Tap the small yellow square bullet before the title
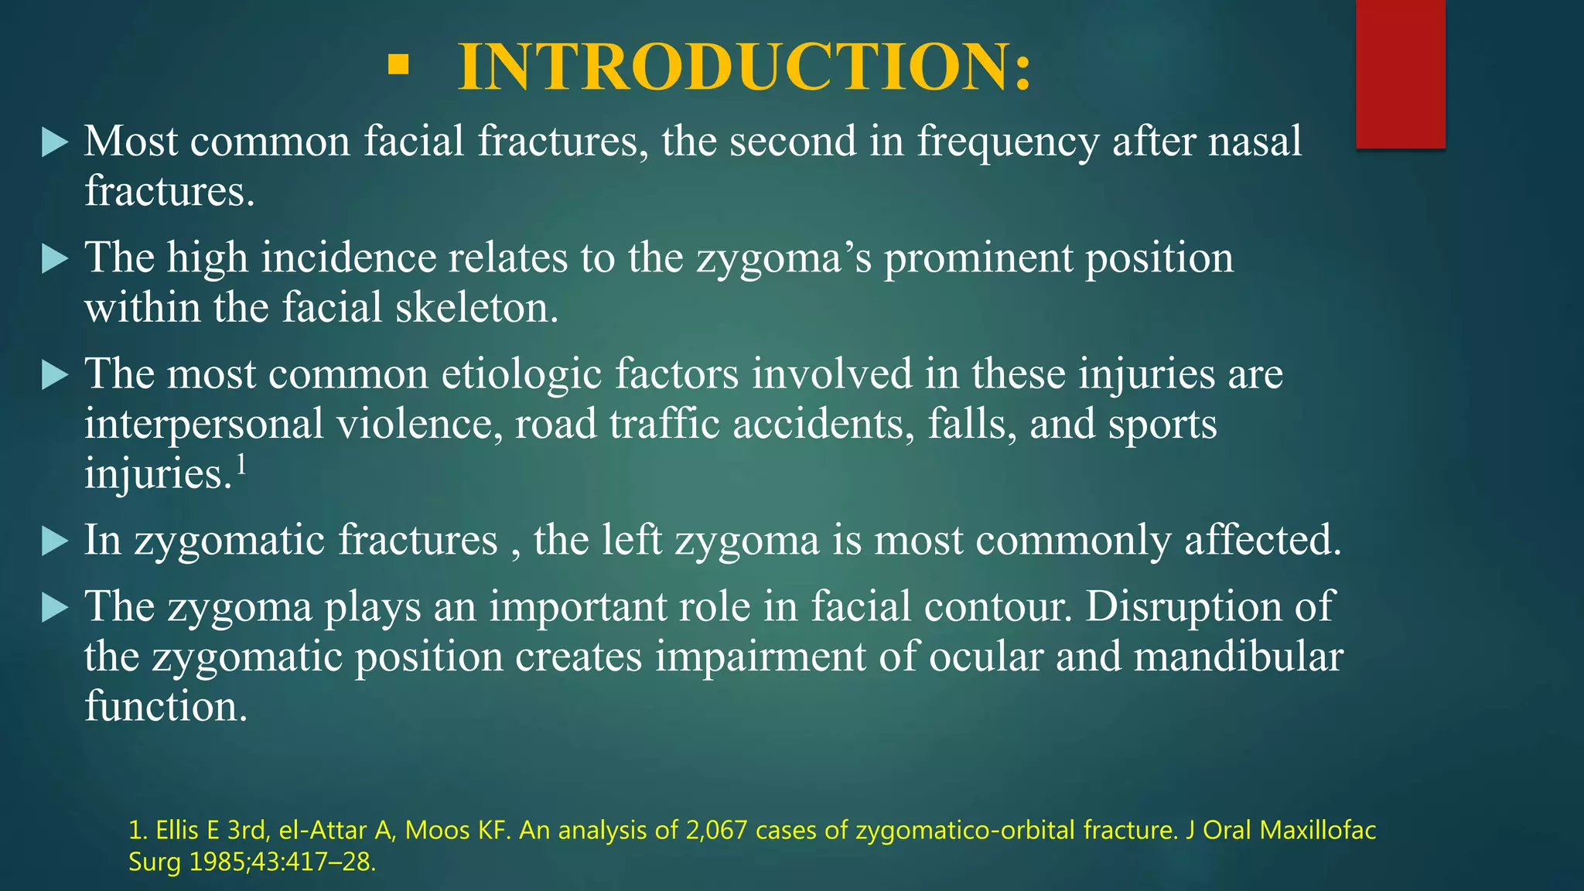[x=398, y=65]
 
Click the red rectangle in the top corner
[x=1400, y=73]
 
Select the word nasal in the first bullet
[x=1255, y=141]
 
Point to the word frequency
[x=1008, y=142]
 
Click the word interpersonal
[x=204, y=425]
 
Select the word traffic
[x=664, y=424]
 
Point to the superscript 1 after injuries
[x=241, y=465]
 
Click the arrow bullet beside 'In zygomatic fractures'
[x=54, y=541]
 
